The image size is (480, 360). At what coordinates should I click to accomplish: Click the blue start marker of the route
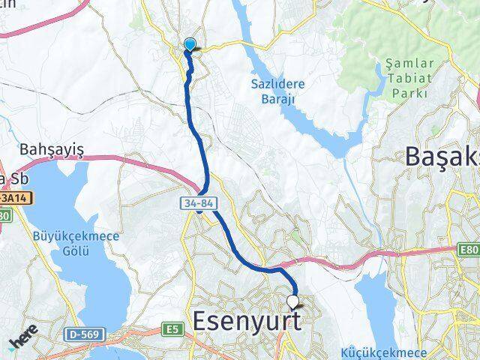[190, 45]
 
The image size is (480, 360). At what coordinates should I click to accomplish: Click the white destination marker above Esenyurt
[294, 301]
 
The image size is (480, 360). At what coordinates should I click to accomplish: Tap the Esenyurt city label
[247, 321]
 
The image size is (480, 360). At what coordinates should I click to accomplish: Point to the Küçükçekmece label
[384, 352]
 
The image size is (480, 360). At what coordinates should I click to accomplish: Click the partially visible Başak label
[442, 157]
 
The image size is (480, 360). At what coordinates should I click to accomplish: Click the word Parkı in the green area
[411, 93]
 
